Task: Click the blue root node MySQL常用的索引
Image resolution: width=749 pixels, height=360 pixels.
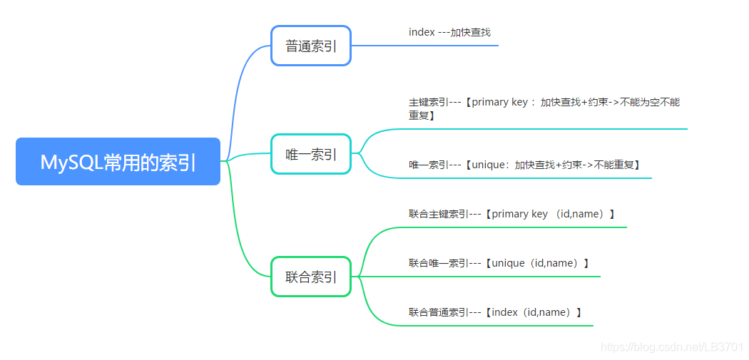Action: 118,162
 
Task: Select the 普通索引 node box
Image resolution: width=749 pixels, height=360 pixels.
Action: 310,46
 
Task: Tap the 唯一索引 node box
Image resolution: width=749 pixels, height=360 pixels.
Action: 310,154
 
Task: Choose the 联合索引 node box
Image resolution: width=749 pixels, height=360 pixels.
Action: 310,277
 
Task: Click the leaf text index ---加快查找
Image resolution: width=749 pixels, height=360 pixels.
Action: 449,32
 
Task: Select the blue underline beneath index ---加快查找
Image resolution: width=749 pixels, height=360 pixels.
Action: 428,46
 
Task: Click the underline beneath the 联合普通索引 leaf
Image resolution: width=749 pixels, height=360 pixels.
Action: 499,325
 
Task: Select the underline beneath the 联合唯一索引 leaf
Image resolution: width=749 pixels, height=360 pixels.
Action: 499,276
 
